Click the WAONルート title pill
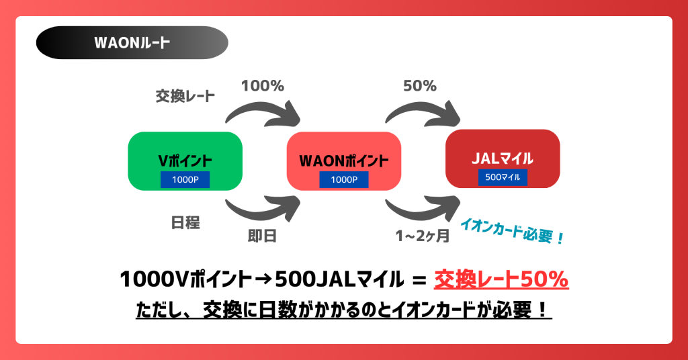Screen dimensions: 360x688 tap(132, 42)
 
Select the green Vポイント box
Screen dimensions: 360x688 tap(185, 160)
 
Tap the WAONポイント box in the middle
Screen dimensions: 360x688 tap(343, 160)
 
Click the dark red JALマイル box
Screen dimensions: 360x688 tap(503, 158)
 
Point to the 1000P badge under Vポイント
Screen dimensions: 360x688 tap(185, 179)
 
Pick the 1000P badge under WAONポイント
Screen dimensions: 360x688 tap(343, 179)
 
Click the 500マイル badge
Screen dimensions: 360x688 tap(503, 177)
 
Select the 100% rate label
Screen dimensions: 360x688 tap(263, 86)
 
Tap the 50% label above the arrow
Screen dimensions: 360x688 tap(420, 86)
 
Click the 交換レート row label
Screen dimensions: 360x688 tap(185, 96)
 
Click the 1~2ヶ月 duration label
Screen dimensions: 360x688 tap(421, 236)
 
